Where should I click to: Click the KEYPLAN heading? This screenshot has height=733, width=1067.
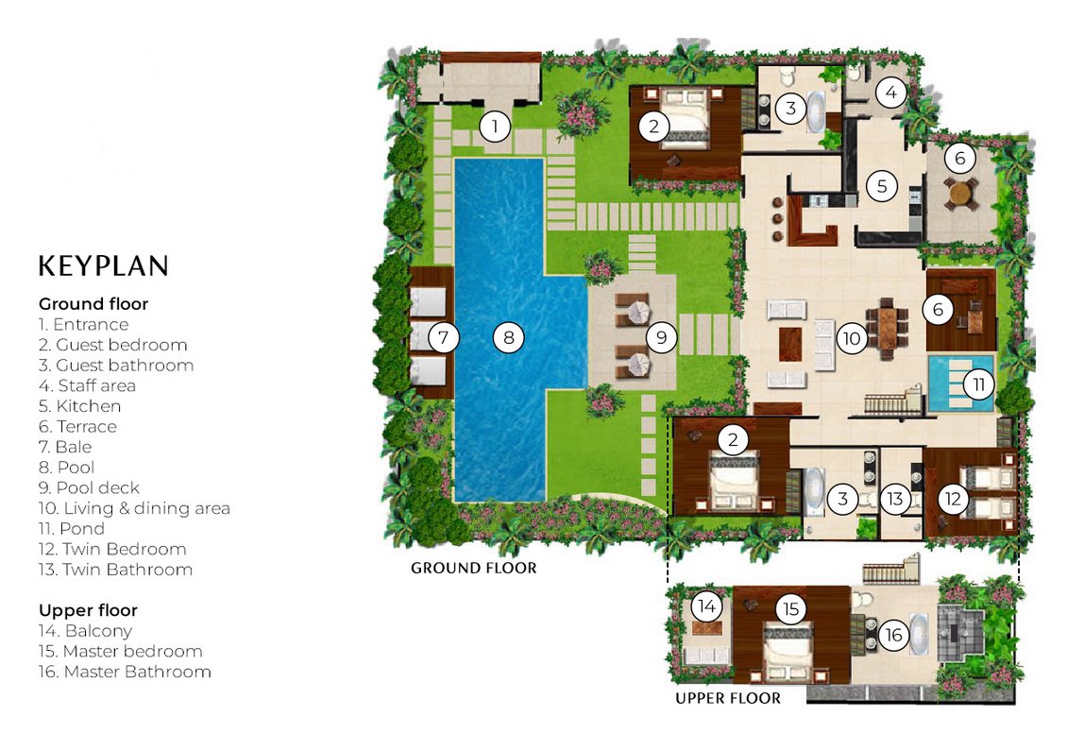coord(104,266)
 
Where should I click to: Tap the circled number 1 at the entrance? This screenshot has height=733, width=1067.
coord(495,126)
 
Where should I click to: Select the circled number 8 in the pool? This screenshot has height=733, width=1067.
coord(508,337)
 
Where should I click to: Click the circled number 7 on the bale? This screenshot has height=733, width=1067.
coord(444,337)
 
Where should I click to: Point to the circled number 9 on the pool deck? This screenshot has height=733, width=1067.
coord(661,337)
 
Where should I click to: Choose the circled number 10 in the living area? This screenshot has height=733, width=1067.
coord(852,338)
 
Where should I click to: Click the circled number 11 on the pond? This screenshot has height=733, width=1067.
coord(978,384)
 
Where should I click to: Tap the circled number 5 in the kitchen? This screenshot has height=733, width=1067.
coord(882,186)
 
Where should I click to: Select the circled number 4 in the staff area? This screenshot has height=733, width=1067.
coord(891,93)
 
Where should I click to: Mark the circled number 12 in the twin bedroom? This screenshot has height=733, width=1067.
coord(953,499)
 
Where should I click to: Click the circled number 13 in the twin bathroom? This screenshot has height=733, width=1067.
coord(895,499)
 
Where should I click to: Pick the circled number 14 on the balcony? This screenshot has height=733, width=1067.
coord(707,605)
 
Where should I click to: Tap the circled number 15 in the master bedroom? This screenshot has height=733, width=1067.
coord(790,607)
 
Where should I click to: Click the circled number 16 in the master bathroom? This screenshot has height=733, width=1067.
coord(893,635)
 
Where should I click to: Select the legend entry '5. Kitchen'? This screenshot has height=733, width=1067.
coord(79,406)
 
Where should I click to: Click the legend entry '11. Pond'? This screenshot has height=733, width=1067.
coord(72,529)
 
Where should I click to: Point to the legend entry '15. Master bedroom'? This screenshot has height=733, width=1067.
coord(121,652)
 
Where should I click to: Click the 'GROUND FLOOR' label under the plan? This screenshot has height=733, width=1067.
coord(474,568)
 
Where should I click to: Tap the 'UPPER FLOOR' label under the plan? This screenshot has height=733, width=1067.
coord(728,698)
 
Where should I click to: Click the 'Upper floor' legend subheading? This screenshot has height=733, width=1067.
coord(89,610)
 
